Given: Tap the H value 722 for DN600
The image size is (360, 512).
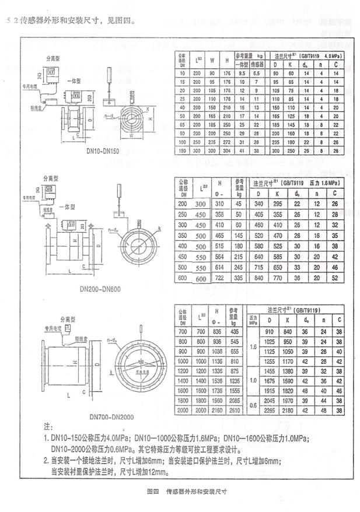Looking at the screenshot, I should tap(220, 279).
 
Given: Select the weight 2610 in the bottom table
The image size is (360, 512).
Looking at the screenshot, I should tap(235, 411).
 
